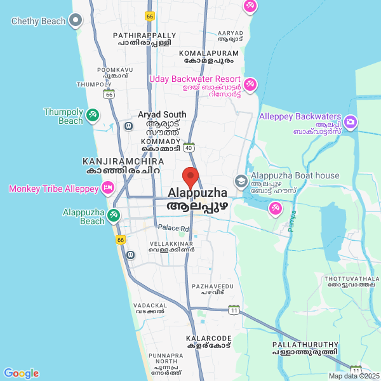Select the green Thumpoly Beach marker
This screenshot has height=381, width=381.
point(93,114)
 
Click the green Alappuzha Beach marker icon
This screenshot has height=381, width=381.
point(114,215)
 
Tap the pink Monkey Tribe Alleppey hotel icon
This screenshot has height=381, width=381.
point(108,188)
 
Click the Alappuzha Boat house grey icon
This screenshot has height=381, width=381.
point(241,182)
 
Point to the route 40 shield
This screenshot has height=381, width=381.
point(189,147)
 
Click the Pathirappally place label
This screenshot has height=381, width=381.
point(144,39)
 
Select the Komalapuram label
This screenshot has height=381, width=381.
point(209,57)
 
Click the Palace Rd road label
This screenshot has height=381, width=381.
point(173,227)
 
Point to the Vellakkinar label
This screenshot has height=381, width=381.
point(171,246)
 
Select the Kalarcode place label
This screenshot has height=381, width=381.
point(210,341)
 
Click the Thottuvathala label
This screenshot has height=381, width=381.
point(351,282)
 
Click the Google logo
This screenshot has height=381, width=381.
point(21,373)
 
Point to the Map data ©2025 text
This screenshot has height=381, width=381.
point(354,376)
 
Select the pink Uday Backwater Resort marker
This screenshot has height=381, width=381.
point(251,83)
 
